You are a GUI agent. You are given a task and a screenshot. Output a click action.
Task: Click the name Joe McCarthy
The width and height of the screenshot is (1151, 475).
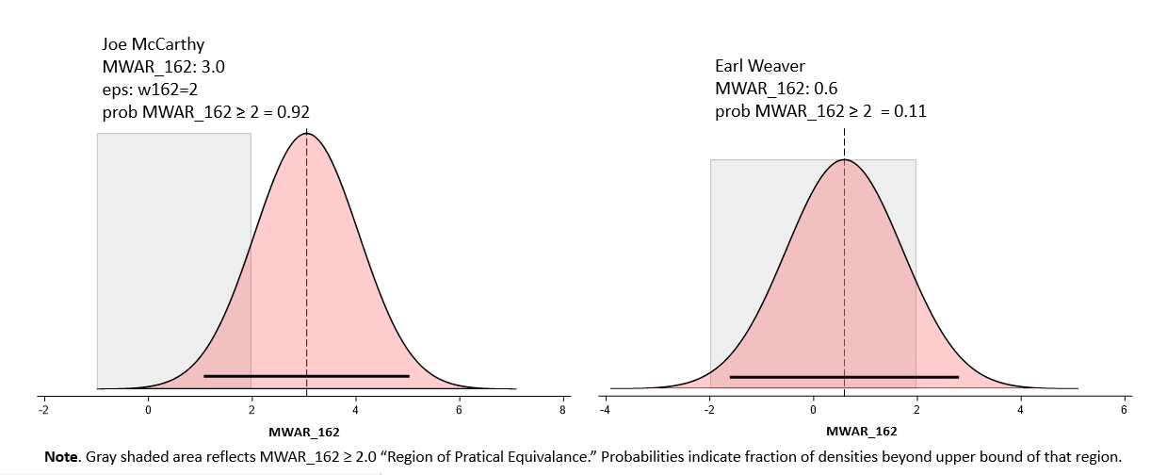(x=153, y=44)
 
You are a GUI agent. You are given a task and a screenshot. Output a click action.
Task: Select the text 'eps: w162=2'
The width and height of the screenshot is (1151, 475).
(x=149, y=90)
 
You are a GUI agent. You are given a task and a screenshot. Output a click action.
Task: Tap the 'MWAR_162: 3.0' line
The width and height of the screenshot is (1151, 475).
(x=163, y=67)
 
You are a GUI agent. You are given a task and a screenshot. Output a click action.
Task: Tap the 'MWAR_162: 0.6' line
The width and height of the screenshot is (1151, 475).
(x=776, y=90)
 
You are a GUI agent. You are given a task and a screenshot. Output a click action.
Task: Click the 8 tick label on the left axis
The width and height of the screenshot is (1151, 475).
(x=562, y=410)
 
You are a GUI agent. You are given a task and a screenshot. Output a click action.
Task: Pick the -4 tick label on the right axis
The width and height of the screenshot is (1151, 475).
(x=604, y=410)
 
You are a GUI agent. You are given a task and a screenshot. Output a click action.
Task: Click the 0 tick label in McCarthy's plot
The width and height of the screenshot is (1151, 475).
(x=148, y=410)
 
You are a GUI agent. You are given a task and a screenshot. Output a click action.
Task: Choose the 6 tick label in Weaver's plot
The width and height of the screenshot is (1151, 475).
(x=1124, y=410)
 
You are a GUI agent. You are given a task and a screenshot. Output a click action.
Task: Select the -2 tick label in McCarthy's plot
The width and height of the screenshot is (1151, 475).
(x=42, y=410)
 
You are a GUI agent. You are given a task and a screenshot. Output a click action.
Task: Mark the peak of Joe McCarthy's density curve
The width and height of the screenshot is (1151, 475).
(x=306, y=134)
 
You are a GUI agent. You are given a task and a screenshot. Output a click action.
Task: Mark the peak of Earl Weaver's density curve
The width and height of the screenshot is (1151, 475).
(x=844, y=159)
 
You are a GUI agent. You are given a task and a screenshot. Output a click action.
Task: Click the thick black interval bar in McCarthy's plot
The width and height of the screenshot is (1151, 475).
(x=306, y=376)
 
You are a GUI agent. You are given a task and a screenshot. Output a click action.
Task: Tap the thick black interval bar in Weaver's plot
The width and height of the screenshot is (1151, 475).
(x=844, y=377)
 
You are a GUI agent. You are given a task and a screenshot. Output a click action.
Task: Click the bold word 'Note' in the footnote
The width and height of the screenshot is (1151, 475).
(x=62, y=456)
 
